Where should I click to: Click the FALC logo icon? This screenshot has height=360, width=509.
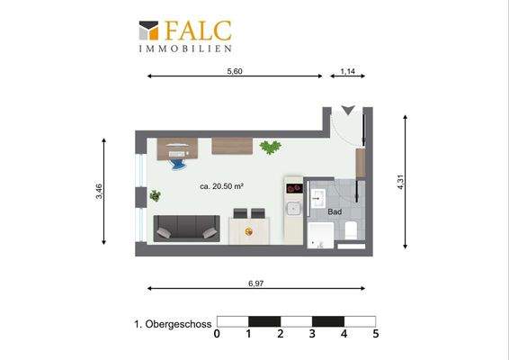point(148,31)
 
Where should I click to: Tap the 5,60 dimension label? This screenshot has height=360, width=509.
point(235,70)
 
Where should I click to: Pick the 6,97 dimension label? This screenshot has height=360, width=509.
point(256,283)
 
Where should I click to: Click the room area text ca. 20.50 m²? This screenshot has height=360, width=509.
point(222,186)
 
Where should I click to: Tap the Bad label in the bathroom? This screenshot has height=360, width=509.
point(335,211)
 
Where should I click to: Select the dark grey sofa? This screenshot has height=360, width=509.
point(186,229)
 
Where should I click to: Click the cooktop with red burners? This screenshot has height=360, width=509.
point(293,189)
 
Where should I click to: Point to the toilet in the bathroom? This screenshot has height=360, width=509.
point(353,230)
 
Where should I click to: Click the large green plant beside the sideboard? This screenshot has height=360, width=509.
point(269,147)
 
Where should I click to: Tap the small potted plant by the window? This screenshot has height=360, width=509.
point(156,195)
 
